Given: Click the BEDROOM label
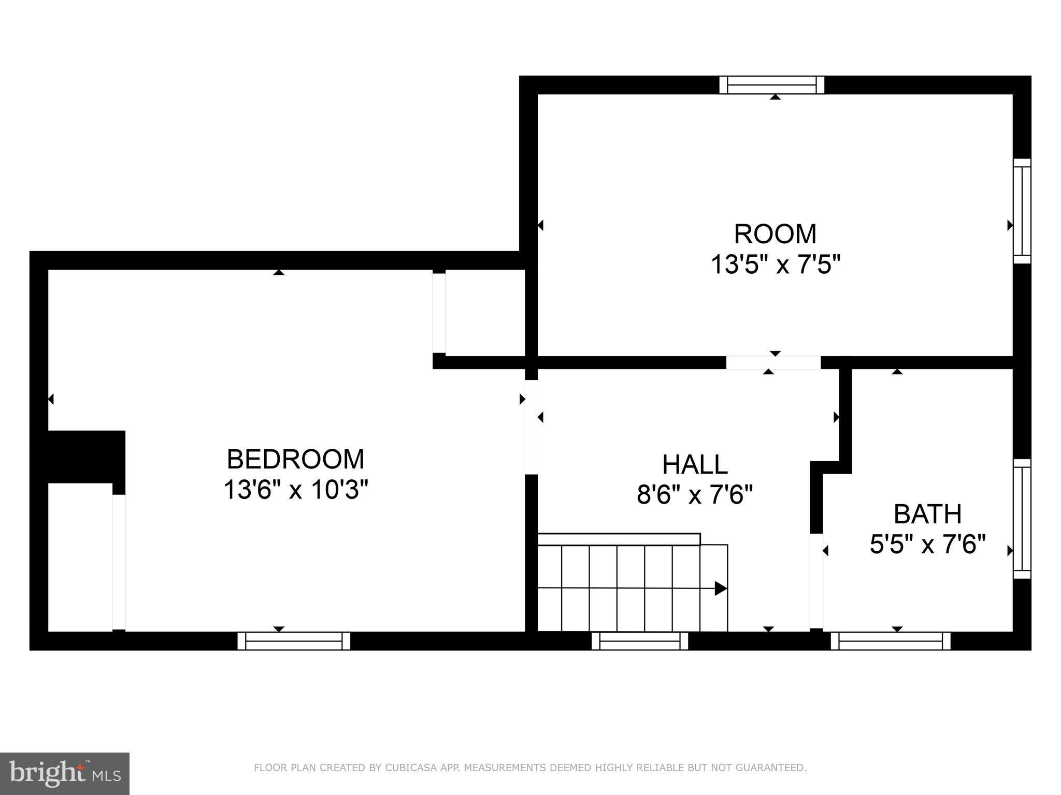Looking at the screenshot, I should (x=295, y=459).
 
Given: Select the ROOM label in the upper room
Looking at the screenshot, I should (x=775, y=234).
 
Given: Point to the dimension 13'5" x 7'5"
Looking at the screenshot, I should (x=775, y=265).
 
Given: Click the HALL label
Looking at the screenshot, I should (x=695, y=464).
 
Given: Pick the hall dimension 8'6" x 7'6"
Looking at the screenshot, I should (x=695, y=495).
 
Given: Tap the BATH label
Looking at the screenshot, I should (x=927, y=514).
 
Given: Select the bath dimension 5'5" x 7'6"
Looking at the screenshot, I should (x=927, y=544).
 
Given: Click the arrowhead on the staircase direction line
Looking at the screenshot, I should (x=721, y=588).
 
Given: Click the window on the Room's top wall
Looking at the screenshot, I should (x=771, y=85).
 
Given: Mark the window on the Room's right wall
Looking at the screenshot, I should (x=1022, y=211).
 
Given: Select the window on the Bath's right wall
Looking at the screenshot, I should (x=1022, y=519).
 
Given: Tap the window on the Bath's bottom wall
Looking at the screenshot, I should (x=890, y=641).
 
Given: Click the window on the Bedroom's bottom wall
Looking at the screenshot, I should (x=294, y=641).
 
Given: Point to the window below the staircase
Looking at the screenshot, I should (x=640, y=641).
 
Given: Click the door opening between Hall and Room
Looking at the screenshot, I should (x=773, y=362).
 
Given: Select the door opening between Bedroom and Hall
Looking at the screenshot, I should (x=531, y=427).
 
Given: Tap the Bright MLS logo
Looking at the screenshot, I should (x=64, y=774).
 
